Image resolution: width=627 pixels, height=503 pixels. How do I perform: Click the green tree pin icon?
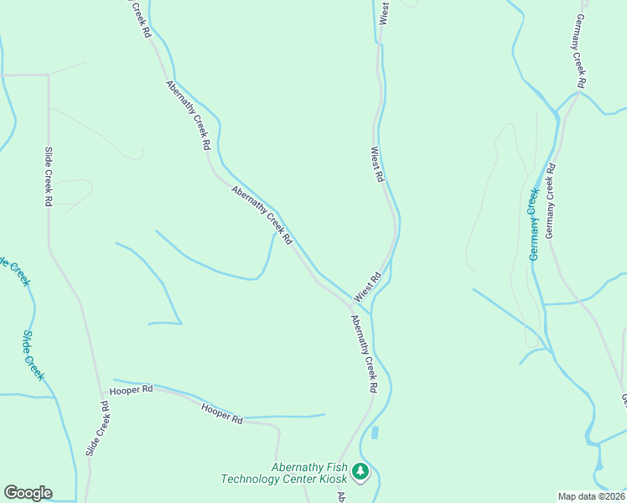(360, 472)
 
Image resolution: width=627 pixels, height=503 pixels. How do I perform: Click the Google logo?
(28, 493)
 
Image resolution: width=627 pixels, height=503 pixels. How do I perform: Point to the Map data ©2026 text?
(592, 496)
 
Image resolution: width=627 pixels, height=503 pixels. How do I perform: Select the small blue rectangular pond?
(375, 433)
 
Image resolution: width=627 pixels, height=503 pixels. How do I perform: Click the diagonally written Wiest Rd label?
(367, 287)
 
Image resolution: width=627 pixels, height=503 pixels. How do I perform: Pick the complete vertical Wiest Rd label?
(377, 165)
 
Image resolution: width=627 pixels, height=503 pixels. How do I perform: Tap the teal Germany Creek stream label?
(533, 224)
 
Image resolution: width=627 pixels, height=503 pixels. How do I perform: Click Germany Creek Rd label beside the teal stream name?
(551, 201)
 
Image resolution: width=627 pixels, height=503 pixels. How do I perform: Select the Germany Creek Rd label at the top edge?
(580, 50)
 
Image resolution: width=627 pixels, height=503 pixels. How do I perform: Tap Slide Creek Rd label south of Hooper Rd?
(96, 428)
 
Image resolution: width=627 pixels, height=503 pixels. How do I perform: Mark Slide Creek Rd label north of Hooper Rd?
(49, 176)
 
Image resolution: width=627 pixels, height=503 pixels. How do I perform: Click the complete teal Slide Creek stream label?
(34, 355)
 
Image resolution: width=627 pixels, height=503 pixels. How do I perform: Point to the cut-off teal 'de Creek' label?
(15, 270)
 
